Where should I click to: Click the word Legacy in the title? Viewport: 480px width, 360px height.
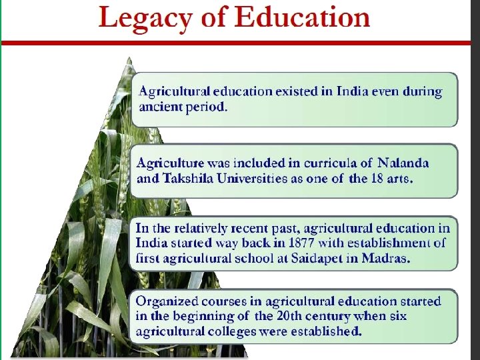click(141, 18)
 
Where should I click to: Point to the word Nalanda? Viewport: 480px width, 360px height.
click(403, 163)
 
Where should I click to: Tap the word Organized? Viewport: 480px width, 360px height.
click(164, 301)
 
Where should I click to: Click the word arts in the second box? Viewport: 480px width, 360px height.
click(402, 179)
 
